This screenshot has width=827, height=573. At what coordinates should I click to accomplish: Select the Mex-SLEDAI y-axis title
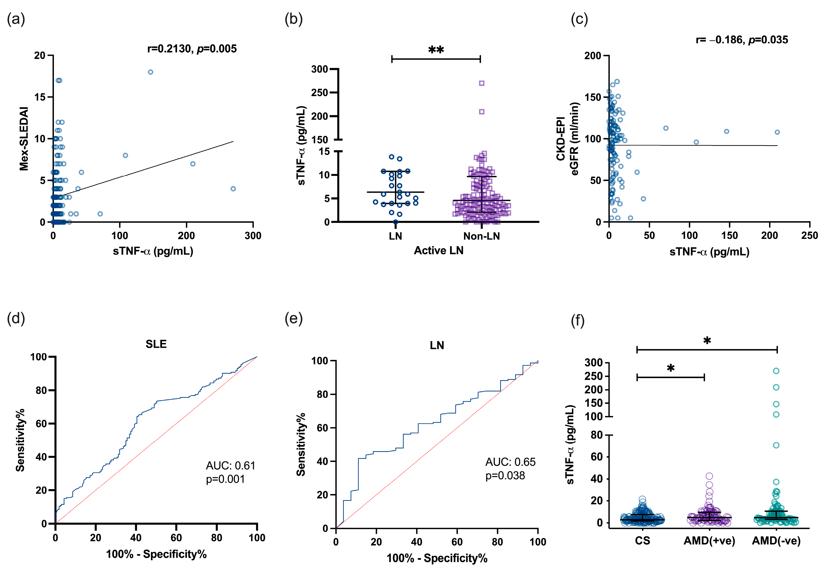coord(24,138)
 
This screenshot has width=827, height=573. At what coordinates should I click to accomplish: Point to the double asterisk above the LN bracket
coord(436,50)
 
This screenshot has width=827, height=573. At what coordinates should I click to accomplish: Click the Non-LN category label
coord(481,236)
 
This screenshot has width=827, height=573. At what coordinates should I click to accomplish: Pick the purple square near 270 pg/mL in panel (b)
coord(481,83)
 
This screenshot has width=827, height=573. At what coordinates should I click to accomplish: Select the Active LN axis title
coord(438,250)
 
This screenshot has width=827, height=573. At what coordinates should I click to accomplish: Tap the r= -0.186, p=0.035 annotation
coord(742,40)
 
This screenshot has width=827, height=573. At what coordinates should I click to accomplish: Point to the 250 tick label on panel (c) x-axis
coord(809,236)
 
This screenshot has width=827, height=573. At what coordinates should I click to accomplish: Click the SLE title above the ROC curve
coord(156,344)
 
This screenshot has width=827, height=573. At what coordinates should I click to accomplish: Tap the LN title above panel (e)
coord(437,345)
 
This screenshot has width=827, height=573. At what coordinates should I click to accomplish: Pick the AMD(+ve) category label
coord(709,541)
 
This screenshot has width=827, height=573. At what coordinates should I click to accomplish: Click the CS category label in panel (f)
coord(642,541)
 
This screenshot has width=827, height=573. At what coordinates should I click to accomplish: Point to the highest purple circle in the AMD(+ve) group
coord(709,476)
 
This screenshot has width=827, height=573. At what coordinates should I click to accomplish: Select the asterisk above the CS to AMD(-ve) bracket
coord(707,341)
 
